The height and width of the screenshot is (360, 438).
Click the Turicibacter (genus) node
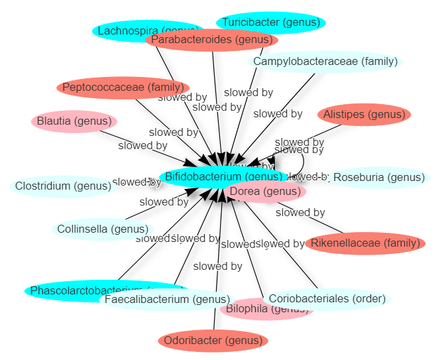click(270, 23)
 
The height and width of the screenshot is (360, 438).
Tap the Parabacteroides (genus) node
click(211, 40)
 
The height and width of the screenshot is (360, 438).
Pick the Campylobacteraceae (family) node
click(325, 62)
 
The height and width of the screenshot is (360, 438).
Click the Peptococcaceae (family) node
click(123, 87)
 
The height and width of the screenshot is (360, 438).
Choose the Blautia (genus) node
click(74, 121)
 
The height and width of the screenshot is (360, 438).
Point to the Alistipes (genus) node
click(364, 115)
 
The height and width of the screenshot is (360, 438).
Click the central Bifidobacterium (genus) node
click(192, 176)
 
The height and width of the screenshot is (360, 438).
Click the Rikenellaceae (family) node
click(365, 243)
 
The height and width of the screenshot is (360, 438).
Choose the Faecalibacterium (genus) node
click(166, 300)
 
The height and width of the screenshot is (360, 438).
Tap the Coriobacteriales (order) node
click(327, 299)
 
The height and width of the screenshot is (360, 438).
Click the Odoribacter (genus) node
click(213, 341)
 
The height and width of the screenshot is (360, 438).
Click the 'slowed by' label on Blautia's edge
click(142, 145)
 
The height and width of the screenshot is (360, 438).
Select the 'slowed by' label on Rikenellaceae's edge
click(300, 213)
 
